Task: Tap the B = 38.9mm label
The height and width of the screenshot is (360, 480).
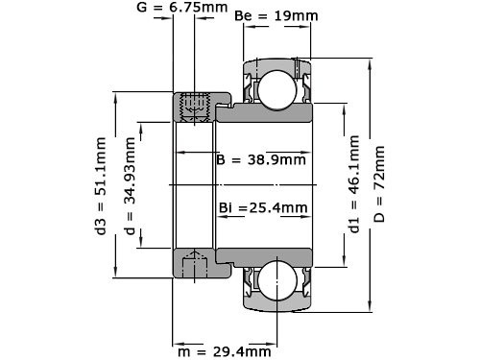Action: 261,158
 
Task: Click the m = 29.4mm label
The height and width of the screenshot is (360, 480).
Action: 223,351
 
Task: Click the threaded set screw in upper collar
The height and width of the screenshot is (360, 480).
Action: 196,107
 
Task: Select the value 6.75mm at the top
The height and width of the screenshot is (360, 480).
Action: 204,9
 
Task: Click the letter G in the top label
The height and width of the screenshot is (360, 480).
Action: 143,9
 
